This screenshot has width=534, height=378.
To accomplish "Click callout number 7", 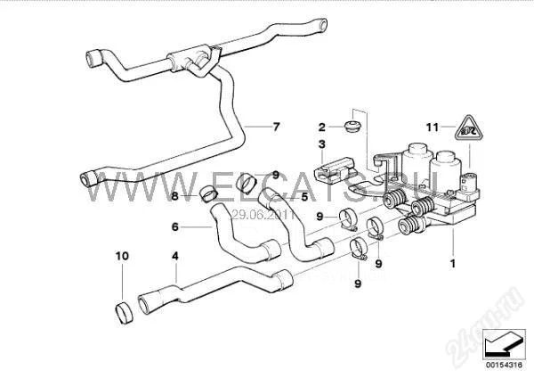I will pos(276,127).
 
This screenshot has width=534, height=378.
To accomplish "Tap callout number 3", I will pos(323,143).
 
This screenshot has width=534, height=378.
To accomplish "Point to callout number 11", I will pos(431,127).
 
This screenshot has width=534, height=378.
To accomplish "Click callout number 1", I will pos(454,263).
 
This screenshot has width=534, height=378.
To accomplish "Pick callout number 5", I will pos(304,197).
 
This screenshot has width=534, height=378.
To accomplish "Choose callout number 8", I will pos(175,196).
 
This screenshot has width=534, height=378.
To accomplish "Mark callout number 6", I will pos(175,227).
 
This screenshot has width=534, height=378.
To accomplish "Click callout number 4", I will pos(175,256).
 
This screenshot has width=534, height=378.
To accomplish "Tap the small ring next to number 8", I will pos(206,192).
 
